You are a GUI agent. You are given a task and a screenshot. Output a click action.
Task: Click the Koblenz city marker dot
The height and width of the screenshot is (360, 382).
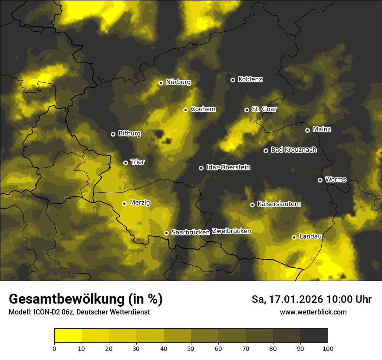click(x=233, y=80)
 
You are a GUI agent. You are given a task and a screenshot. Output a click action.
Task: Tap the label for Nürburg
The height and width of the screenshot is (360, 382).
click(x=178, y=82)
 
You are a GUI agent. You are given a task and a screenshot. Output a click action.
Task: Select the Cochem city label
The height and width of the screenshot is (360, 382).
click(x=203, y=109)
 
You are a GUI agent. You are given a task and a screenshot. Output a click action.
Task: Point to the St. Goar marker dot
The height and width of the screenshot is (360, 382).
click(x=247, y=110)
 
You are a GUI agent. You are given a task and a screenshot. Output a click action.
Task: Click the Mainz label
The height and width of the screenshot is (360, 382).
click(x=322, y=129)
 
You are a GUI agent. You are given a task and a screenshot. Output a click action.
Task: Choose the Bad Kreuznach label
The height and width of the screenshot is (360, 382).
click(x=293, y=150)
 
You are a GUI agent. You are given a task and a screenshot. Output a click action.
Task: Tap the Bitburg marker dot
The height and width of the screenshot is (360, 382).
click(x=113, y=134)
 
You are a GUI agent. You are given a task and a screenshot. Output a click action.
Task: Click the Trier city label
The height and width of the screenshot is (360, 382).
click(x=137, y=162)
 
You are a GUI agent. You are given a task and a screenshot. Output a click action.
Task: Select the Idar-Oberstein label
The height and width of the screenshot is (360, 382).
click(x=228, y=167)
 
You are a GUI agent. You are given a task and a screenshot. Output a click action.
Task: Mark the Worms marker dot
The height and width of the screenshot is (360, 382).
click(x=320, y=180)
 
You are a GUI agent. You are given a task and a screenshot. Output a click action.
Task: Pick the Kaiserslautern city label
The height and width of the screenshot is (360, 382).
click(x=279, y=204)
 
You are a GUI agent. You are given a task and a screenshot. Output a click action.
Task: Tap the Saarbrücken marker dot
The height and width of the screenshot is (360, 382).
click(x=166, y=233)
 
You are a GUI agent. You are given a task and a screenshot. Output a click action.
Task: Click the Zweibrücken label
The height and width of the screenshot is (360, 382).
click(x=231, y=231)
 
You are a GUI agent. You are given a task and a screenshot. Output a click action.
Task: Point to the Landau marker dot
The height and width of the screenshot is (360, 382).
click(x=294, y=237)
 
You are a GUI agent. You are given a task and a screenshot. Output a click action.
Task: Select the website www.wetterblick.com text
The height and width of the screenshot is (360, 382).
click(x=313, y=312)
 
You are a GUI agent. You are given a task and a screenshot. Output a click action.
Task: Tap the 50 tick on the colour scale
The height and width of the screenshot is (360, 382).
click(x=191, y=348)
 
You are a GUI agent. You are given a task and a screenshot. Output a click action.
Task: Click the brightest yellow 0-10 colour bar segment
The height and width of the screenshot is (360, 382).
click(x=68, y=336)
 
